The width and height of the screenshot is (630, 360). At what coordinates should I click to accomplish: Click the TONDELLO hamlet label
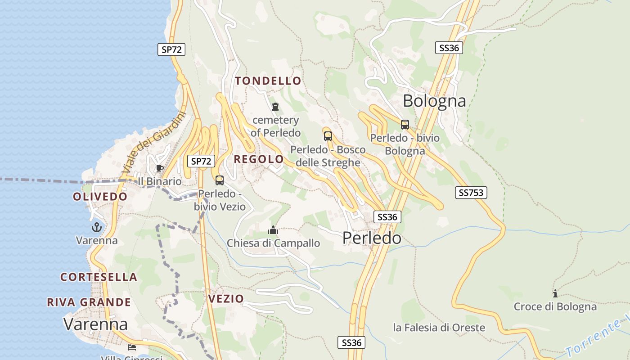coord(268,81)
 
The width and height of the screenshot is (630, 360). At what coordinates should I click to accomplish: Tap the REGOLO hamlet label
coord(259,159)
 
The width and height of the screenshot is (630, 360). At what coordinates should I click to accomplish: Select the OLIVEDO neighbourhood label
coord(100,197)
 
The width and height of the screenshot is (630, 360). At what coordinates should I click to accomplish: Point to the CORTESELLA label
coord(99,277)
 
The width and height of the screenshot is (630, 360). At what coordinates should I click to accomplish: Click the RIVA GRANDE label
coord(89,302)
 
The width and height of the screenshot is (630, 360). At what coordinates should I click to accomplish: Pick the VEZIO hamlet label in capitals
coord(226,298)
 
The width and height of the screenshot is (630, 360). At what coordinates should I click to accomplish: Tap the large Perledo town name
coord(372,238)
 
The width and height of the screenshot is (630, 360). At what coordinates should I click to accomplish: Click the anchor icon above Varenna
coord(97,227)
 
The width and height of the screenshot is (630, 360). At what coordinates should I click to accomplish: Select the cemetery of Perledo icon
coord(275,107)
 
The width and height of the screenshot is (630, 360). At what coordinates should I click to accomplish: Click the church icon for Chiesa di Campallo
coord(273,230)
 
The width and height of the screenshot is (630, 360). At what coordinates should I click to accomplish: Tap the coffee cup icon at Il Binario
coord(159,168)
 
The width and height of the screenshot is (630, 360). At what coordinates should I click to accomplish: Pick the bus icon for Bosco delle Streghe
coord(328,136)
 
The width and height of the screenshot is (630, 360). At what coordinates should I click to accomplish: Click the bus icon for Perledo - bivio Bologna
coord(405,125)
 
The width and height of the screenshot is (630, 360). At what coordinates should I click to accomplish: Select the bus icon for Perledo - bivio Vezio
coord(220,180)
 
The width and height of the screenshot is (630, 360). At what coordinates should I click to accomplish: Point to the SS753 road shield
coord(471,193)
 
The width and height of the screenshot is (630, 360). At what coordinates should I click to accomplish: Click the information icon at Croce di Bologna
coord(555,293)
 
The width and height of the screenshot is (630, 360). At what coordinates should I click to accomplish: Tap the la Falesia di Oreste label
coord(439,327)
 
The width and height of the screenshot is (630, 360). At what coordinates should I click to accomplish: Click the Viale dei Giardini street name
coord(153,142)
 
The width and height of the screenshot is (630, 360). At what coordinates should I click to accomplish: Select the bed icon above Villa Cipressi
coord(131,347)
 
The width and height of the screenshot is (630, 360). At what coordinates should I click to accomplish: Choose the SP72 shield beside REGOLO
coord(201,161)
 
